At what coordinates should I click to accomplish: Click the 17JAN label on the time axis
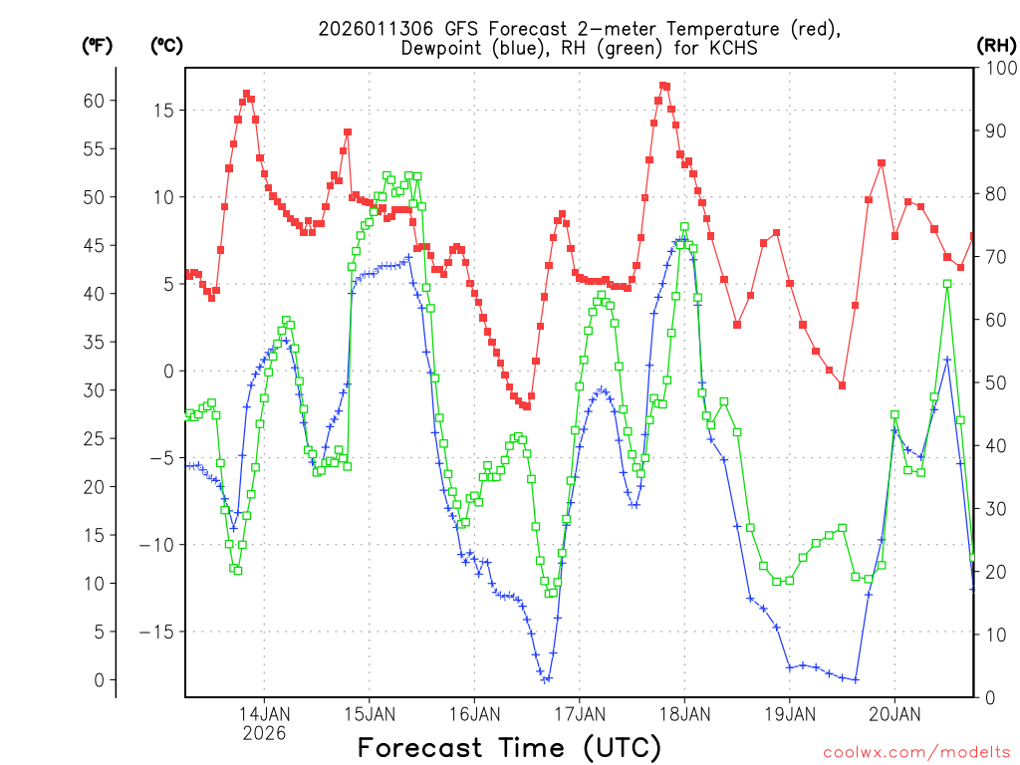pyautogui.click(x=580, y=713)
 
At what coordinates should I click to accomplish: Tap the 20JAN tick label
pyautogui.click(x=894, y=713)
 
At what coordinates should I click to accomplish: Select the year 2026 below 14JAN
pyautogui.click(x=264, y=732)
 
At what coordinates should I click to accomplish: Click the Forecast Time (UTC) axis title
pyautogui.click(x=509, y=747)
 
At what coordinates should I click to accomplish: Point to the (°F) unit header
pyautogui.click(x=97, y=45)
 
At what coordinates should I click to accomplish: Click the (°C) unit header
pyautogui.click(x=167, y=45)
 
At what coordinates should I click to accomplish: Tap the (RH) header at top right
pyautogui.click(x=996, y=45)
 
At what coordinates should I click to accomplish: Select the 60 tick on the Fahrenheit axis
pyautogui.click(x=93, y=101)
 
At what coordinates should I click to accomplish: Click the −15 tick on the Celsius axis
pyautogui.click(x=157, y=633)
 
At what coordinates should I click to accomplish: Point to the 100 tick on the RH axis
pyautogui.click(x=997, y=68)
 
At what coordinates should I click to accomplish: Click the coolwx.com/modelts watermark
pyautogui.click(x=916, y=751)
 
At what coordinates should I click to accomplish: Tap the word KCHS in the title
pyautogui.click(x=732, y=49)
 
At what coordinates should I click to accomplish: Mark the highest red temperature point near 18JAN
pyautogui.click(x=663, y=86)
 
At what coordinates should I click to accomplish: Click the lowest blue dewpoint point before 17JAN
pyautogui.click(x=545, y=679)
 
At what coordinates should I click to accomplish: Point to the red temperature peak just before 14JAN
pyautogui.click(x=246, y=94)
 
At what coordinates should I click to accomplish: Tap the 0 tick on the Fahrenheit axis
pyautogui.click(x=98, y=680)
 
